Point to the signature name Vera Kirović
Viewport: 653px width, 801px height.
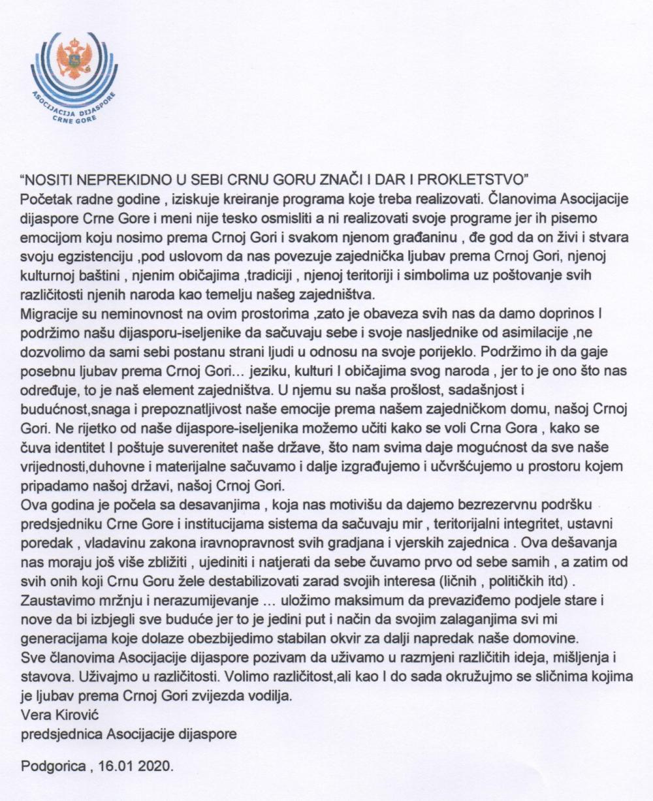(x=54, y=714)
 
